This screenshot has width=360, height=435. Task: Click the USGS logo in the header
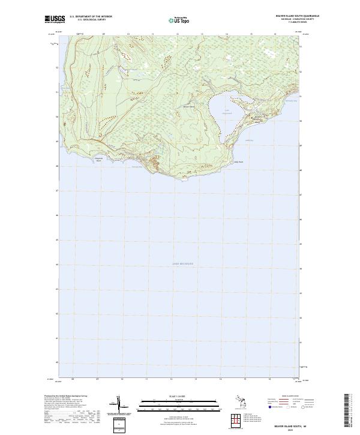click(x=55, y=19)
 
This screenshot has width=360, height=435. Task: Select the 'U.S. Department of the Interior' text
click(x=91, y=17)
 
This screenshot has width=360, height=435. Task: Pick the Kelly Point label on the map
click(x=238, y=161)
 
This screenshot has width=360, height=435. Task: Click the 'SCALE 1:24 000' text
click(x=171, y=397)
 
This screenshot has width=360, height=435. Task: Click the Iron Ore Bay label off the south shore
click(x=137, y=167)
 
